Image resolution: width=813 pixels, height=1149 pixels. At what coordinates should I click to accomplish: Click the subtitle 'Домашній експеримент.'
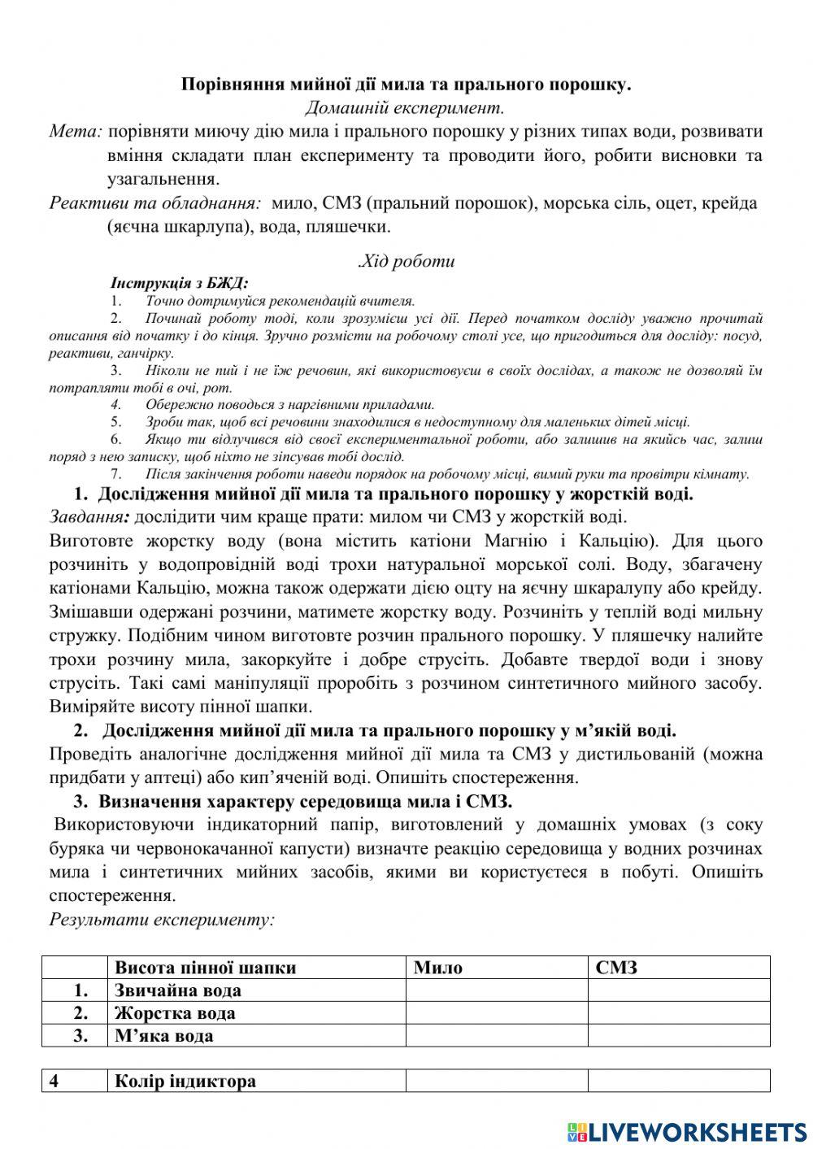coord(405,107)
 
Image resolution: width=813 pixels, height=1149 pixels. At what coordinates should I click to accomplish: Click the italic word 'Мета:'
coord(76,131)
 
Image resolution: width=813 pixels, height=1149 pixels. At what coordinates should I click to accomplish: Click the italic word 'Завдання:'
coord(89,516)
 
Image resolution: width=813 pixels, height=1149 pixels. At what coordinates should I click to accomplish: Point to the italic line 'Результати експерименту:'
coord(162,920)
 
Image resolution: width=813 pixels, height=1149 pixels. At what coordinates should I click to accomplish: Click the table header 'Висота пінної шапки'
coord(205,967)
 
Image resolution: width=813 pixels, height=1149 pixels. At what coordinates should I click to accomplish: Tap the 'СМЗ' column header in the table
coord(616,967)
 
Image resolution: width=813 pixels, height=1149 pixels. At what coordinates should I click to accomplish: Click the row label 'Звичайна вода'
coord(178,990)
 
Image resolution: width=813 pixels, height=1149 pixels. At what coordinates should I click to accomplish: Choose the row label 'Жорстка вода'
coord(175,1012)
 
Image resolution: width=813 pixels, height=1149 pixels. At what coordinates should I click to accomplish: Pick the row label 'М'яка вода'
coord(164,1035)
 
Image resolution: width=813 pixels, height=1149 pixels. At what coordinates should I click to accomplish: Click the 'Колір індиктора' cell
coord(185,1081)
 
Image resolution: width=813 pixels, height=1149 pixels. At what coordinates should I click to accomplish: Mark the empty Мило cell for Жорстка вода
coord(496,1012)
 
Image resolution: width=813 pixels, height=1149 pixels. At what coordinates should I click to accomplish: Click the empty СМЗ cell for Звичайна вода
coord(678,990)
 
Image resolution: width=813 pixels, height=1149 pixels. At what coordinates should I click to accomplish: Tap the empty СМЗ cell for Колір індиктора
coord(678,1081)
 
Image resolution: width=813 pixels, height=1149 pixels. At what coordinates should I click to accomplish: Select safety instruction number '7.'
coord(115,474)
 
